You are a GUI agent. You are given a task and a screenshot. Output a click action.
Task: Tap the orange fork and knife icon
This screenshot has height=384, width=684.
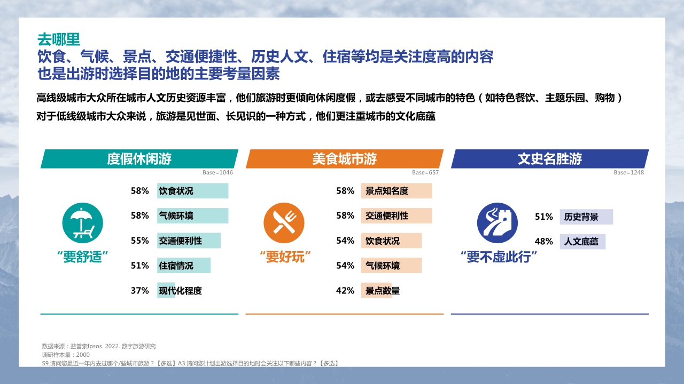click(280, 223)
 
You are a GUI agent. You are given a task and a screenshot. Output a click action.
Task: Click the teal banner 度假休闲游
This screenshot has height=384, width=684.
click(139, 159)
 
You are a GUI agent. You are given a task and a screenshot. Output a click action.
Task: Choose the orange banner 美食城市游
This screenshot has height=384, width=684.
click(345, 159)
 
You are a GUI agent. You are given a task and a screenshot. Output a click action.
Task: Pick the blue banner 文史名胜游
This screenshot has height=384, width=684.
click(550, 159)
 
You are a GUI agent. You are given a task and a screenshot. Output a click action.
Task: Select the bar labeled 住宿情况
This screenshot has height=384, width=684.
click(184, 266)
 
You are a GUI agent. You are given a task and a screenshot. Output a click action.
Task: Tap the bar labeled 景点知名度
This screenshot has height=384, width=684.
click(396, 191)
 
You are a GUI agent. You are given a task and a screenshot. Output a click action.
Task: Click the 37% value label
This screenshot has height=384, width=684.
click(139, 291)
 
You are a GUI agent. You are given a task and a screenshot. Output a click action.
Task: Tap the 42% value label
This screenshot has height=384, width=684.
click(345, 291)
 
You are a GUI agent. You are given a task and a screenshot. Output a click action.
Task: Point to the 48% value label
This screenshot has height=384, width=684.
click(543, 242)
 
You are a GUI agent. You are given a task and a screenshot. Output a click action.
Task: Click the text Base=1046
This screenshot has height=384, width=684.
click(217, 173)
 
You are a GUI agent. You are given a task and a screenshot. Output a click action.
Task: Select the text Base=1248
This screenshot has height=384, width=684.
click(628, 173)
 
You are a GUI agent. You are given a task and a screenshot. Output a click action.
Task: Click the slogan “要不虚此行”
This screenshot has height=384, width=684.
click(498, 258)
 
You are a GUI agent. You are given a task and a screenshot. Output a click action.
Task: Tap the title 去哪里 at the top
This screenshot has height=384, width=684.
click(58, 39)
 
